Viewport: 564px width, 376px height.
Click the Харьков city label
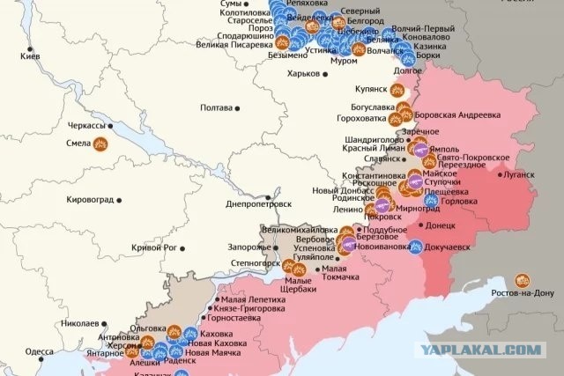(x=294, y=73)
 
